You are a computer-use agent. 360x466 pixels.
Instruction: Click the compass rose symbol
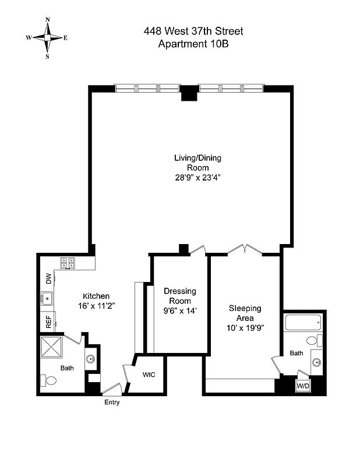47,38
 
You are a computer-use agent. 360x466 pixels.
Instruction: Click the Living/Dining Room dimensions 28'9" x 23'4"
197,177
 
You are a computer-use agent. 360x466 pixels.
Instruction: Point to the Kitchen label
96,296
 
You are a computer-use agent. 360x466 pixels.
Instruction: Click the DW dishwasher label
48,278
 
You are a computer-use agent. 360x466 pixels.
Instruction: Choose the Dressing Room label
180,296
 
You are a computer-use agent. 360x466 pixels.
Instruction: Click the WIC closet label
149,375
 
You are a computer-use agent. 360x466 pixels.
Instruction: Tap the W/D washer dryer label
303,386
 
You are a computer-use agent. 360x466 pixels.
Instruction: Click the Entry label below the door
112,402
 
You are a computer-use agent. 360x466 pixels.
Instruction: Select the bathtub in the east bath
303,322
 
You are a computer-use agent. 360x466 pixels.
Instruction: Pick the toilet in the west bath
50,380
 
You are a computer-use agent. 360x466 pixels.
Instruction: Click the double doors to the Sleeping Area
245,249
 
